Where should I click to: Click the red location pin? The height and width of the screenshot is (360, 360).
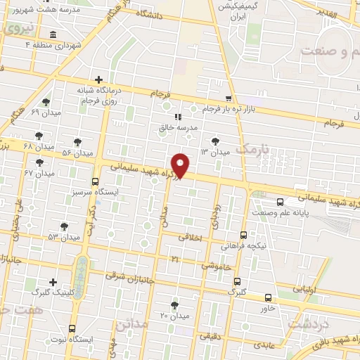tap(181, 165)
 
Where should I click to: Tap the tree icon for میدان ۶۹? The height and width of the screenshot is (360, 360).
tap(46, 102)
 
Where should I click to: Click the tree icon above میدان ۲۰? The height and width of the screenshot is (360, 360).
tap(175, 304)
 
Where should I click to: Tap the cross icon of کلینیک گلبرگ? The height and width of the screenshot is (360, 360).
tap(53, 281)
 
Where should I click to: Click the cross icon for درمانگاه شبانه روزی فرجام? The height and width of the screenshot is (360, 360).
tap(98, 79)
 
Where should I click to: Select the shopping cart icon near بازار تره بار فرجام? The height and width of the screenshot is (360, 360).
tap(228, 98)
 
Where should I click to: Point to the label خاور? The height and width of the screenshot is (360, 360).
tap(267, 308)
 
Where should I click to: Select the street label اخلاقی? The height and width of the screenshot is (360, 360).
tap(190, 238)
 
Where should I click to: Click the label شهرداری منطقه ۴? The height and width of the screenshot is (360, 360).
tap(63, 44)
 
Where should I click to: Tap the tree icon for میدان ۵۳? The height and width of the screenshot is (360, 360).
tap(64, 226)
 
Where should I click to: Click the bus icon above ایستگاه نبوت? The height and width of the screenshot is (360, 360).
tap(73, 328)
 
